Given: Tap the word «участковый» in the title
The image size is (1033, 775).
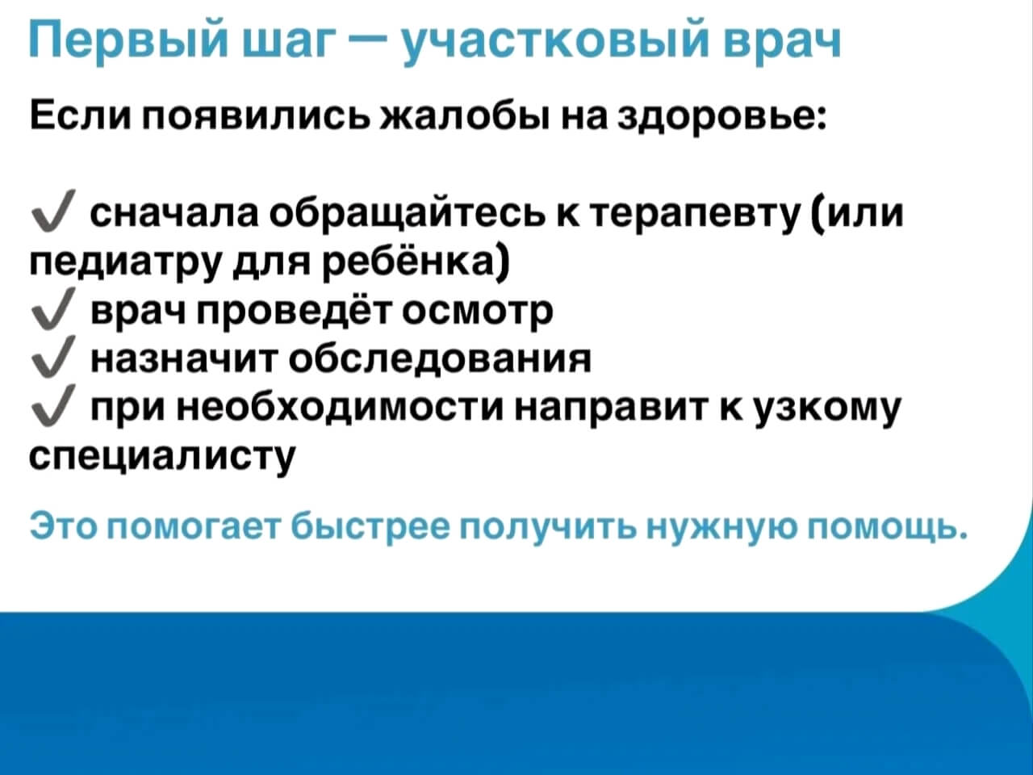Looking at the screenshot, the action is tap(556, 40).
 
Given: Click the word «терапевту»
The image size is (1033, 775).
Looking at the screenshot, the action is tap(694, 214).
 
